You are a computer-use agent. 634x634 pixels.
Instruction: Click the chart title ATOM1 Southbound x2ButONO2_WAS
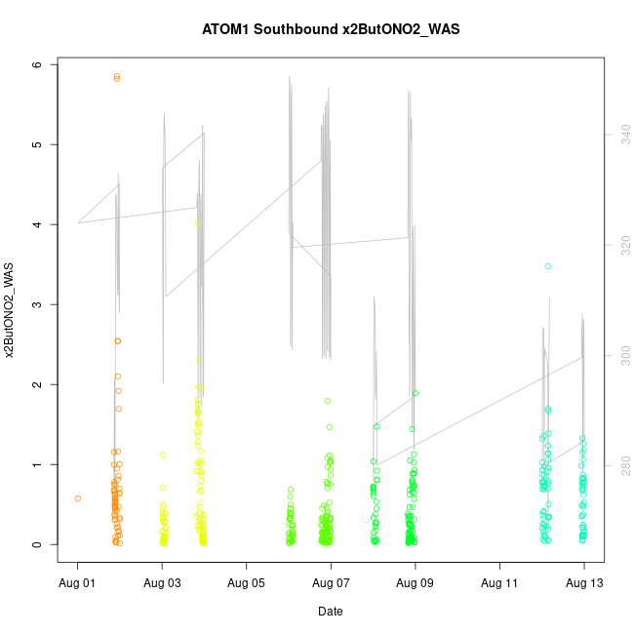[x=330, y=29]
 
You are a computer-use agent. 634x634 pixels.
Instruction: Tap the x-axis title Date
[x=330, y=612]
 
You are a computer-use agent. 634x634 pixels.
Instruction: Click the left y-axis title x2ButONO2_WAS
[x=11, y=310]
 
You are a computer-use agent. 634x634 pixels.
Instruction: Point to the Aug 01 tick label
[x=78, y=582]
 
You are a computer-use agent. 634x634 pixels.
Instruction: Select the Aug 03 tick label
[x=162, y=582]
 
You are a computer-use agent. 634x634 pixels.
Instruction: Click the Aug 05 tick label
[x=247, y=582]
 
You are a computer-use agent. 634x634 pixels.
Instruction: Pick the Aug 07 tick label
[x=331, y=582]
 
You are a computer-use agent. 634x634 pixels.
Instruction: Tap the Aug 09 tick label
[x=416, y=582]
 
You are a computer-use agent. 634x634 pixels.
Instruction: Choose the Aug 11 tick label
[x=499, y=582]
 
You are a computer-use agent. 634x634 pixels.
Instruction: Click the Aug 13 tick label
[x=584, y=582]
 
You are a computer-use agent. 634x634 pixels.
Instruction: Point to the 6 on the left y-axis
[x=37, y=64]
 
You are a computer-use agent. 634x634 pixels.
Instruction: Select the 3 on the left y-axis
[x=37, y=304]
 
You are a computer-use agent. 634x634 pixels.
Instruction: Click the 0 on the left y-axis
[x=37, y=544]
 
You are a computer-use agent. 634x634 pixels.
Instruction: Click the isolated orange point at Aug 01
[x=78, y=498]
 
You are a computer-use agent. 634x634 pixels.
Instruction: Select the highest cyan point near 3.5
[x=548, y=266]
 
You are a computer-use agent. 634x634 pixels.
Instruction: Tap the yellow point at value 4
[x=198, y=223]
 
